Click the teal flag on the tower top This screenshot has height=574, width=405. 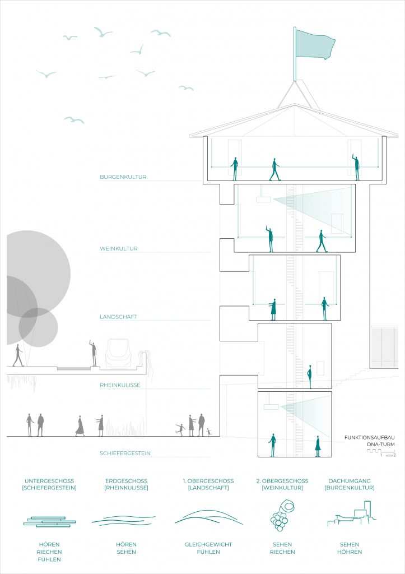(x=314, y=43)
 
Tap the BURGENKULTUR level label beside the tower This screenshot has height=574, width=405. (x=123, y=177)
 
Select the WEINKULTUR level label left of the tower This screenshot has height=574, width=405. (x=119, y=248)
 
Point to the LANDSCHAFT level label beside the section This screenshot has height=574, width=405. (x=119, y=317)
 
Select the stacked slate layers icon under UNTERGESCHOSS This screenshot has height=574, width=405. (x=49, y=521)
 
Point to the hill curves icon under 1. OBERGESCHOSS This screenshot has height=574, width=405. (x=208, y=517)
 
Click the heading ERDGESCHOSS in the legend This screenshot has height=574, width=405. (x=126, y=481)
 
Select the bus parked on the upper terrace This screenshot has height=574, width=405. (x=118, y=353)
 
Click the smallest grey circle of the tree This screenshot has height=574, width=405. (x=38, y=327)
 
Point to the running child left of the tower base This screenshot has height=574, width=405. (x=180, y=429)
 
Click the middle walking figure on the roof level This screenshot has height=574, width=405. (x=274, y=169)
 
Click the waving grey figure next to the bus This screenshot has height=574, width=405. (x=93, y=353)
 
